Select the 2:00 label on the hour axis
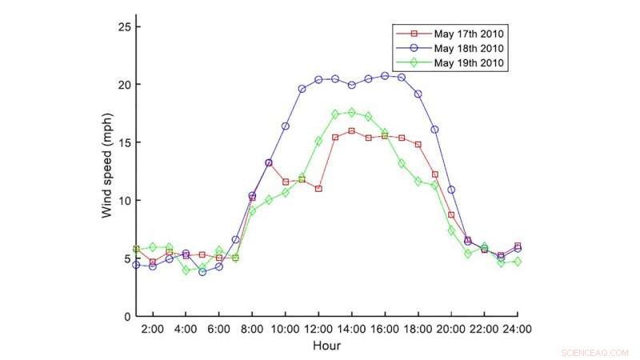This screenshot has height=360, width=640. click(x=152, y=329)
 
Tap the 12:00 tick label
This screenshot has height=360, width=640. click(x=318, y=329)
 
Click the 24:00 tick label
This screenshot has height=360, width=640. click(x=518, y=329)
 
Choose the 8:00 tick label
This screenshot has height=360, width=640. click(x=252, y=329)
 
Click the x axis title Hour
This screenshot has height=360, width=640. click(x=326, y=346)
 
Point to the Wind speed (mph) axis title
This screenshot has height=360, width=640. click(x=107, y=171)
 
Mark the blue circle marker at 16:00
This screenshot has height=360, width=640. click(x=385, y=76)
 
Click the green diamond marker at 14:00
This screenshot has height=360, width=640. click(x=351, y=113)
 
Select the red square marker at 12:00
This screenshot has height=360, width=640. click(x=318, y=189)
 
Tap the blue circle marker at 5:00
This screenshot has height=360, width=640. click(x=202, y=272)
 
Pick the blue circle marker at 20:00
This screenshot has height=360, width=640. click(x=451, y=190)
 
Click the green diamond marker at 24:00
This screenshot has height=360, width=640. click(x=518, y=262)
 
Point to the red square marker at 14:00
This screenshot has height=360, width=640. click(x=351, y=130)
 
